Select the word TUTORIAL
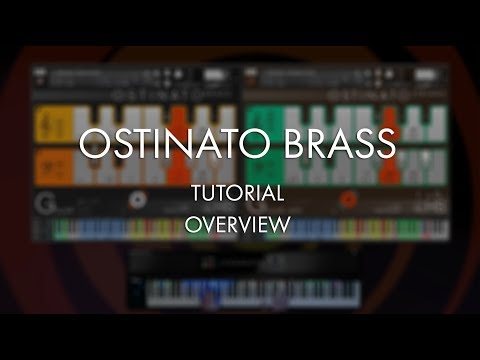pyautogui.click(x=237, y=193)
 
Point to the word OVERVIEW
pyautogui.click(x=237, y=225)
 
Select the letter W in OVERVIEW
pyautogui.click(x=282, y=225)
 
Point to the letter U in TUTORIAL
pyautogui.click(x=207, y=193)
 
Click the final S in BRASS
pyautogui.click(x=385, y=145)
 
